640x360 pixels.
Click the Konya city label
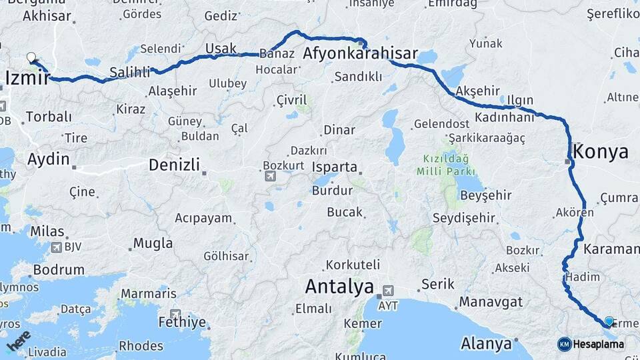tap(601, 151)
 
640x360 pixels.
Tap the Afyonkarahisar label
tap(360, 54)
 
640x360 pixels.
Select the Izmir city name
tap(27, 79)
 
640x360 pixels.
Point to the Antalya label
tap(339, 287)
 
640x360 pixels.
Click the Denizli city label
tap(174, 165)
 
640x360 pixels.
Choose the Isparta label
tap(336, 167)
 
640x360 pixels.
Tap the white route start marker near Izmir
tap(31, 58)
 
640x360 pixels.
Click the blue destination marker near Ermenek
tap(609, 321)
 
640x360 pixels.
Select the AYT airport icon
tap(387, 291)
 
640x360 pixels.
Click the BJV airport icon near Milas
tap(55, 247)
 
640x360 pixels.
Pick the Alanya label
tap(485, 344)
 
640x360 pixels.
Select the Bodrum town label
tap(59, 270)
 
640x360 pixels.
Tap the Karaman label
tap(611, 249)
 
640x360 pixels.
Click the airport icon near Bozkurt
tap(270, 176)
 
